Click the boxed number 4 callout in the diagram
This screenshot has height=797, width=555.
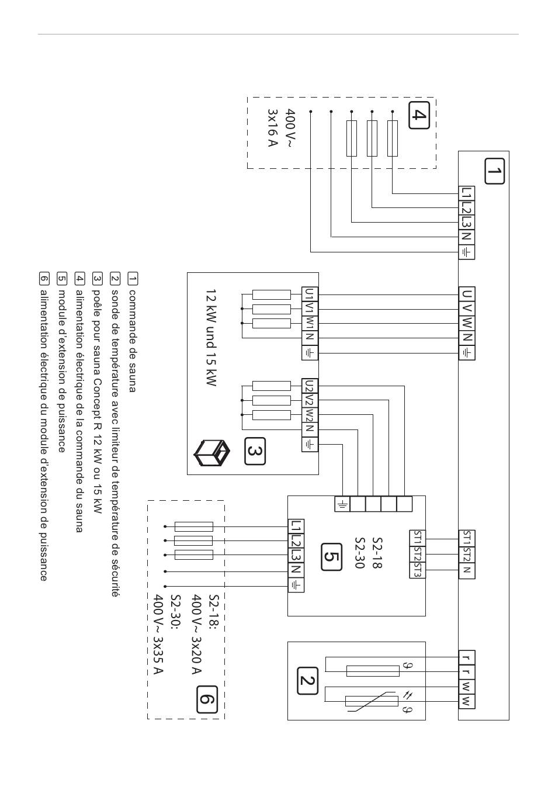[419, 115]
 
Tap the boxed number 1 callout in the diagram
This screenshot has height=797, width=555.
[494, 171]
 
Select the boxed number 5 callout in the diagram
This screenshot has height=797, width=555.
[331, 557]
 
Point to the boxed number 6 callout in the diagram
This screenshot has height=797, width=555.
[207, 699]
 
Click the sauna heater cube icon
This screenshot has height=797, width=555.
[211, 453]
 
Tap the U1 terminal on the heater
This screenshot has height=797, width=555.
[310, 294]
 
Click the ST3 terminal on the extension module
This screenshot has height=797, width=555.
[417, 570]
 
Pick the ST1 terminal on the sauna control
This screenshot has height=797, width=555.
[467, 538]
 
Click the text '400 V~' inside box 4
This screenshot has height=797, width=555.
[290, 128]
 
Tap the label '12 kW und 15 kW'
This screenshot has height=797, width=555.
[211, 338]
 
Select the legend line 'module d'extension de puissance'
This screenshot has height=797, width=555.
[61, 372]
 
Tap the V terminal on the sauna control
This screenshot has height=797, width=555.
[467, 309]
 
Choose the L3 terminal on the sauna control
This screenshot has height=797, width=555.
[467, 223]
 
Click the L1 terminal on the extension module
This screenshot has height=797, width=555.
[296, 526]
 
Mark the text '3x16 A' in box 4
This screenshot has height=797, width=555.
[272, 128]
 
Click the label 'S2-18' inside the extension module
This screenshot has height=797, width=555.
[377, 557]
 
